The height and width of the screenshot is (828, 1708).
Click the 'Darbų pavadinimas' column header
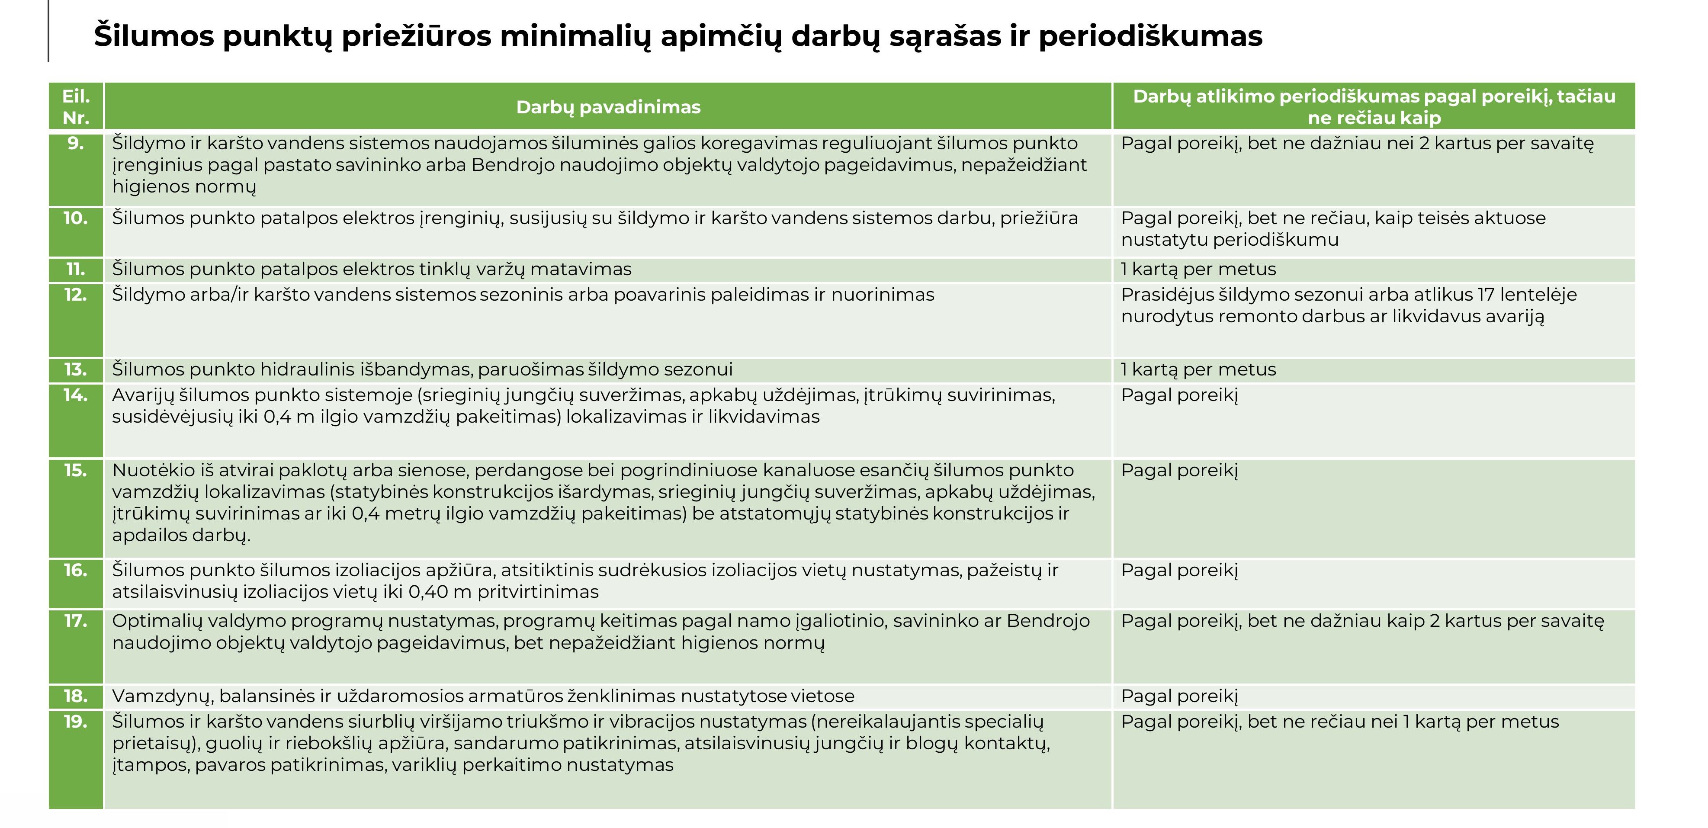[x=608, y=107]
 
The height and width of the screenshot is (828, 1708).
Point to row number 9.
[x=76, y=143]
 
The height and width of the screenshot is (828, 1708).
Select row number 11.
[x=76, y=269]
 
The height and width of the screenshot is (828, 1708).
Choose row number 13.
[x=76, y=369]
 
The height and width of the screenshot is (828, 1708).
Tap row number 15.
[x=76, y=470]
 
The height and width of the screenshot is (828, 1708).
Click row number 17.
[x=76, y=621]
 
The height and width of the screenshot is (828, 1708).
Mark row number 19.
[x=76, y=721]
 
